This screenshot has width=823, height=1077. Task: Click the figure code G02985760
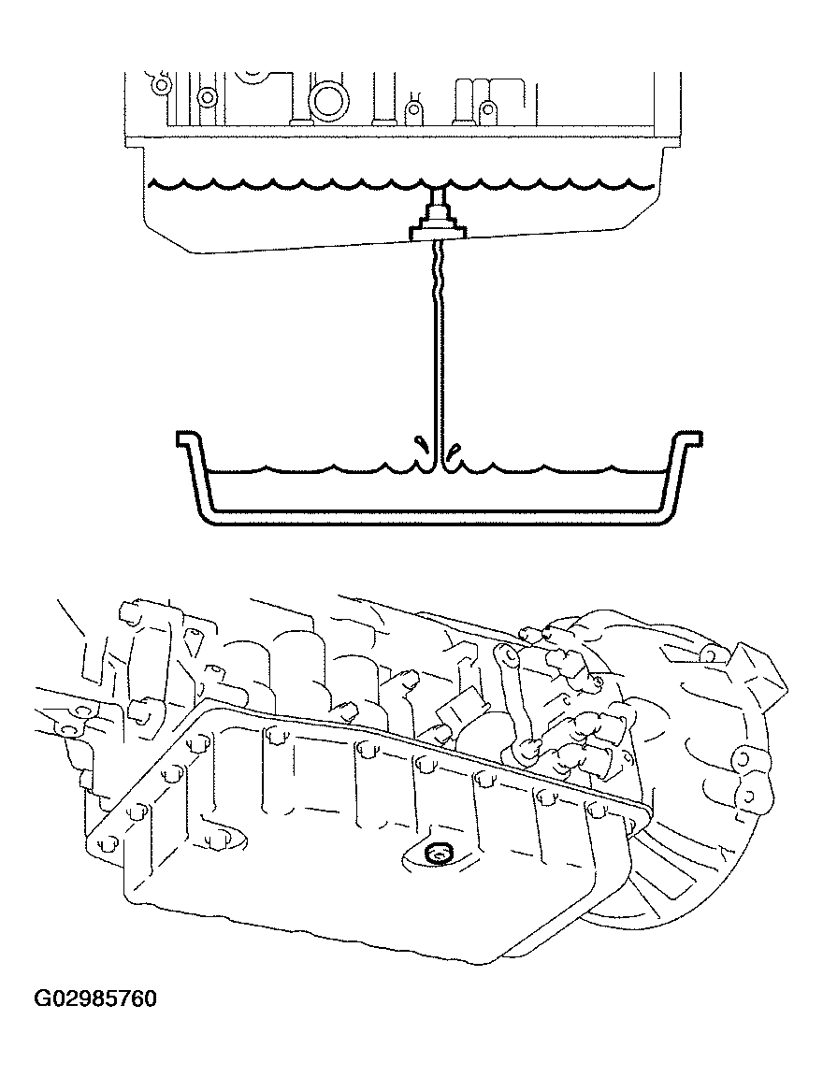96,999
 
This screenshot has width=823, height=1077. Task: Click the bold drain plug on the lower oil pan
436,852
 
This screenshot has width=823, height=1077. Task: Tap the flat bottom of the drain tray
436,517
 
